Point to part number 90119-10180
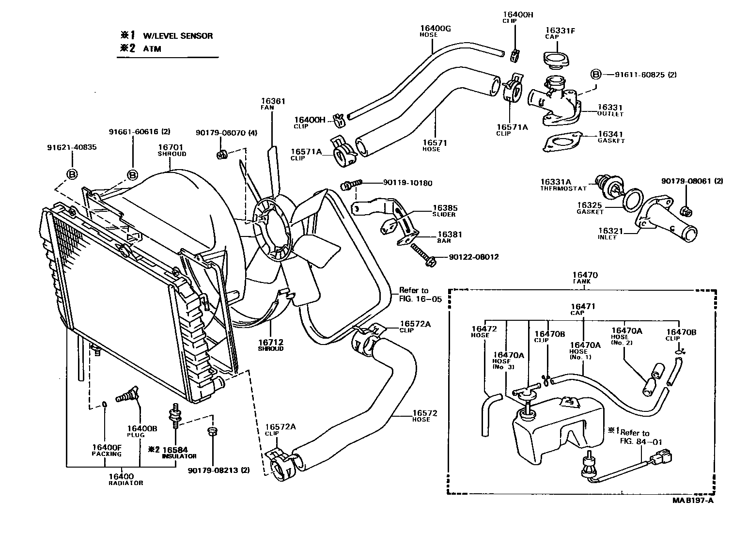[407, 183]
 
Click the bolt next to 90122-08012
[422, 255]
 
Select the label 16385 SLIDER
[445, 210]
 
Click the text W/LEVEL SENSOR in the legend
[177, 36]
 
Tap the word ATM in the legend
[152, 48]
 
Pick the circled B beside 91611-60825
[595, 75]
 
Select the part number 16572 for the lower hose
[425, 413]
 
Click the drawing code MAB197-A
[692, 501]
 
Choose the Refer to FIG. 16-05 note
[420, 295]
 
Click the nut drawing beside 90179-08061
[686, 211]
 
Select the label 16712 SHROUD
[270, 345]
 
